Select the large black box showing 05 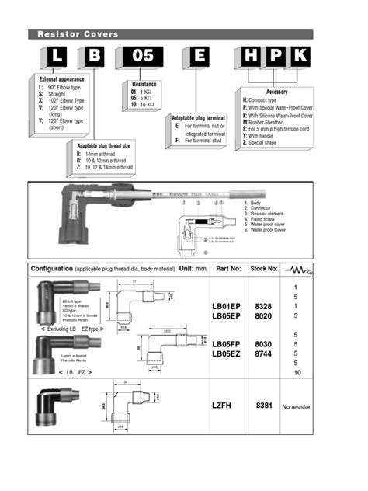click(x=139, y=57)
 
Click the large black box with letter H click(x=248, y=57)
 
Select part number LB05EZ click(x=227, y=355)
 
